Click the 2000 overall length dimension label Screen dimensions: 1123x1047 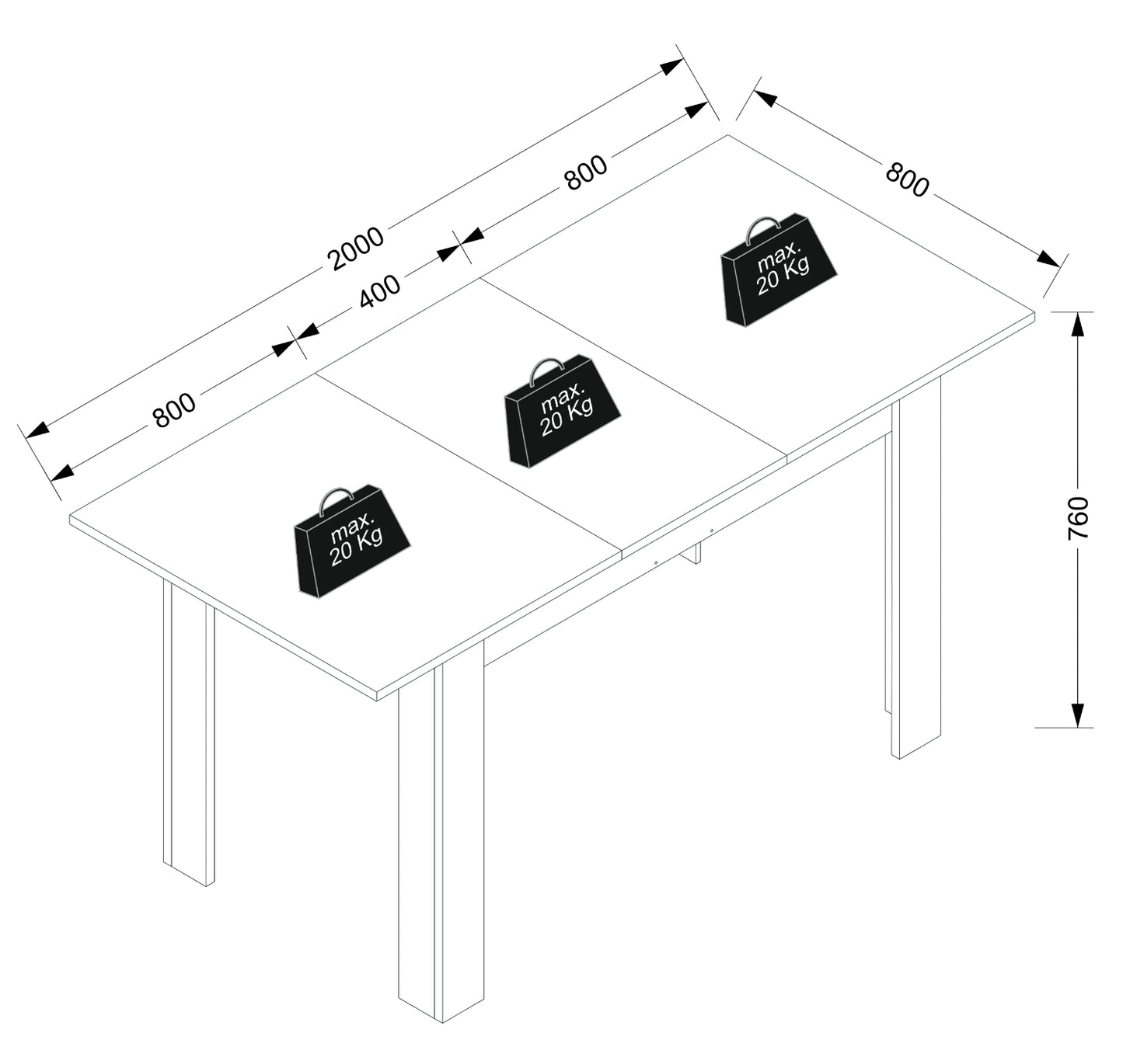coord(356,249)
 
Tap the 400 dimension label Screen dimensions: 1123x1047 coord(379,292)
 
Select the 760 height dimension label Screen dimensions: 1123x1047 coord(1078,518)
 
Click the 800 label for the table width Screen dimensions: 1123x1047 coord(906,179)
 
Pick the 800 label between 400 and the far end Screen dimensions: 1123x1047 coord(586,172)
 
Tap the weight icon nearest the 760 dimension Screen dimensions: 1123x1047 coord(779,270)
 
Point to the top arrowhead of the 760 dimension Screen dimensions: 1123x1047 coord(1079,324)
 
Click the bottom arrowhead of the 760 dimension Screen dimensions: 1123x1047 coord(1079,715)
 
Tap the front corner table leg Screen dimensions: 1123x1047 coord(441,830)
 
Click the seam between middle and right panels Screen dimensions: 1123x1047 coord(634,369)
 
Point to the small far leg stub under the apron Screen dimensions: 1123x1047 coord(695,552)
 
